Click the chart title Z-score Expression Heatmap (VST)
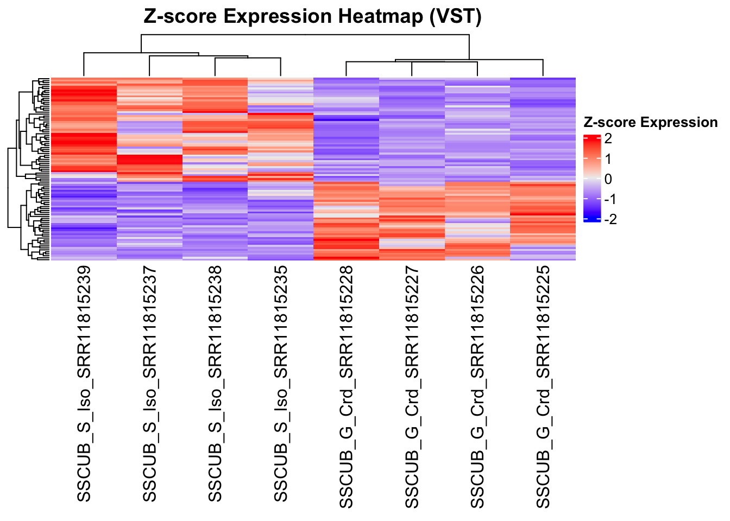pyautogui.click(x=313, y=16)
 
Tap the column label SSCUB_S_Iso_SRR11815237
pyautogui.click(x=149, y=384)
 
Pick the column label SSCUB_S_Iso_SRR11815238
pyautogui.click(x=215, y=384)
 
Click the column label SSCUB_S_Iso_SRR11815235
pyautogui.click(x=280, y=384)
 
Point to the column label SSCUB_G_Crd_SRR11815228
pyautogui.click(x=346, y=387)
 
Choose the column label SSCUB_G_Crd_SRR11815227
pyautogui.click(x=412, y=387)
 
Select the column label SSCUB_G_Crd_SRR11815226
pyautogui.click(x=477, y=387)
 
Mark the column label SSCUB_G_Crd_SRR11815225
pyautogui.click(x=543, y=387)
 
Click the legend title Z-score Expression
pyautogui.click(x=650, y=123)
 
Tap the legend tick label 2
pyautogui.click(x=608, y=139)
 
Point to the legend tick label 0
pyautogui.click(x=608, y=179)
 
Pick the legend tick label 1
pyautogui.click(x=608, y=159)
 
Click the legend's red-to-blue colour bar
pyautogui.click(x=591, y=178)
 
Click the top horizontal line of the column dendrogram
pyautogui.click(x=304, y=35)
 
